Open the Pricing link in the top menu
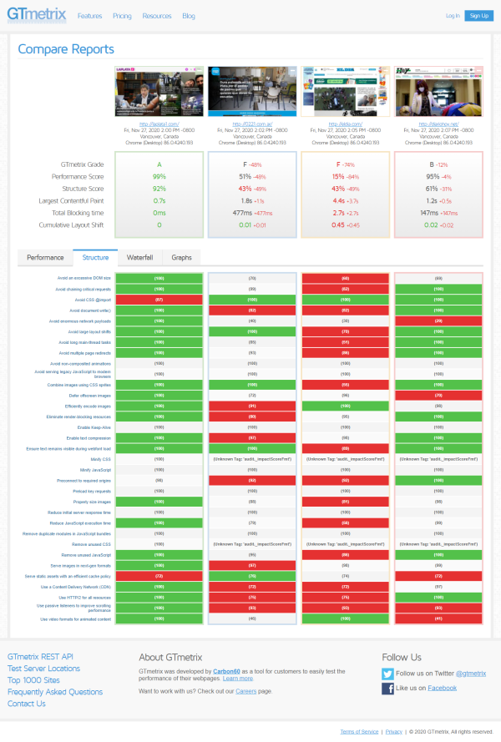(x=122, y=16)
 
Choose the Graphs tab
(x=181, y=258)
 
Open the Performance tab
(x=46, y=258)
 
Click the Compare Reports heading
(x=66, y=49)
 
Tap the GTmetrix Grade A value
(x=159, y=164)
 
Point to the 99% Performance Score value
(x=159, y=177)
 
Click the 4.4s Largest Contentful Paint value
(x=339, y=200)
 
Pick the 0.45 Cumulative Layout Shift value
(x=339, y=225)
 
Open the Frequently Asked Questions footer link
(x=55, y=692)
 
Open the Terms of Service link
(x=359, y=731)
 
